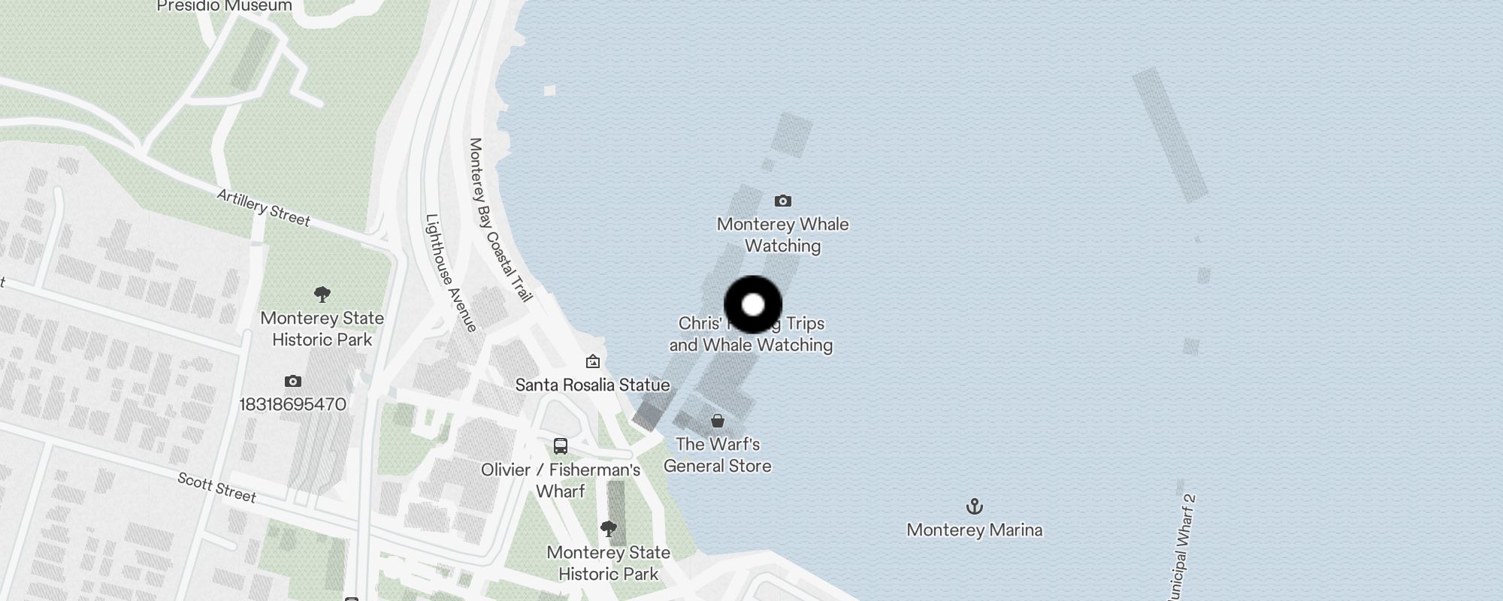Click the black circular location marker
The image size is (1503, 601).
[753, 305]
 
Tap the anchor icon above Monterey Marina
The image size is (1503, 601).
[974, 506]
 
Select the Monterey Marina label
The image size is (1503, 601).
[974, 530]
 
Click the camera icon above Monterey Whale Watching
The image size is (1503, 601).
[782, 201]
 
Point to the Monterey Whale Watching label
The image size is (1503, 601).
[782, 235]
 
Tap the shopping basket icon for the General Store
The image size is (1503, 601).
[718, 421]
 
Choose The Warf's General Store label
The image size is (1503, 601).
[718, 455]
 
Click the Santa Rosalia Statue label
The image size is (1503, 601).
[592, 385]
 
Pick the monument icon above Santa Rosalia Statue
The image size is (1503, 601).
[592, 362]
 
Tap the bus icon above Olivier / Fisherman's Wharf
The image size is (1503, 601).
[560, 446]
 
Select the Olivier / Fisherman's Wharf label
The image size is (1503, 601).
[561, 481]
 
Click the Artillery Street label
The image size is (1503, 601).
[264, 208]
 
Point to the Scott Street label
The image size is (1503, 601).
[217, 488]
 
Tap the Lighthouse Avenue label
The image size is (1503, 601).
[451, 273]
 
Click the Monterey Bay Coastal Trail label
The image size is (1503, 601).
[500, 219]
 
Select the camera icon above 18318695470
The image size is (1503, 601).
[293, 382]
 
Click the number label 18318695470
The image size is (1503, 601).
[292, 405]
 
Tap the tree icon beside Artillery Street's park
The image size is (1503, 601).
[322, 294]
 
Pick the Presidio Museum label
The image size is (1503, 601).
[225, 6]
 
